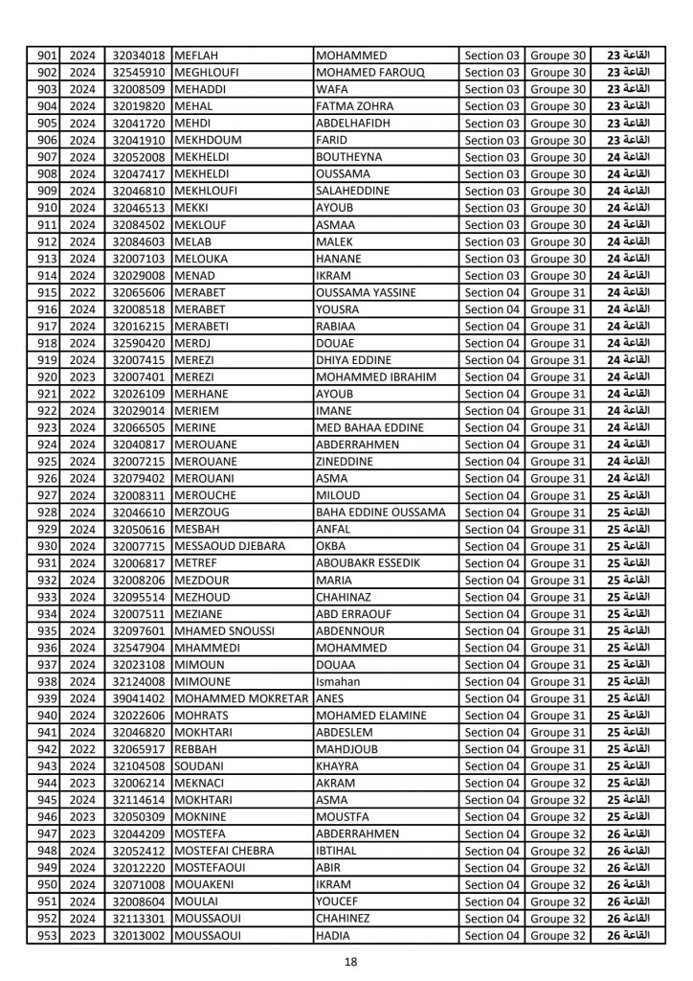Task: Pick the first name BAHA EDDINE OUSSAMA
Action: click(381, 513)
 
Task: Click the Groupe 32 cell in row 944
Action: click(558, 783)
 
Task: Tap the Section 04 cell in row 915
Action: click(492, 292)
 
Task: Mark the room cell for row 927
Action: click(629, 495)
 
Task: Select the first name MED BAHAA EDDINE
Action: click(371, 427)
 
